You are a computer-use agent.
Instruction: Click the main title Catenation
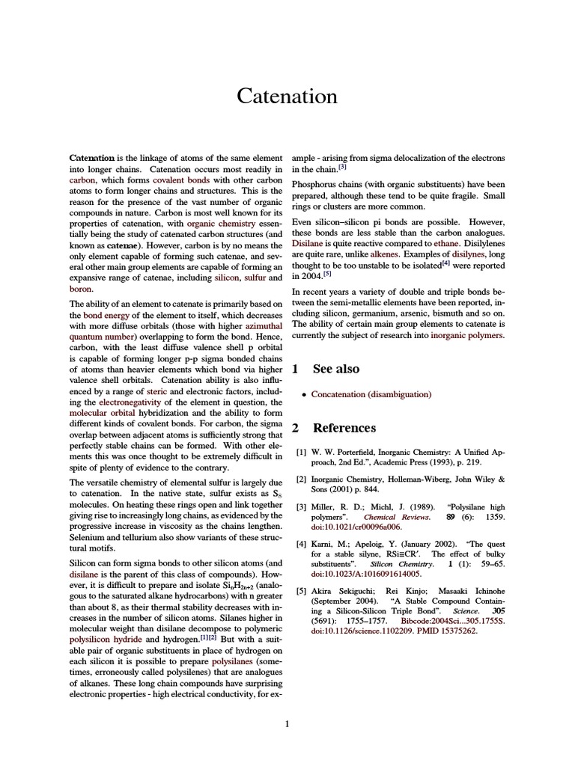click(287, 96)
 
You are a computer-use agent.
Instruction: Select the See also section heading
click(335, 369)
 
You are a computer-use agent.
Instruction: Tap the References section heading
click(344, 428)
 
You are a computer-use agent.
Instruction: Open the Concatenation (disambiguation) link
click(371, 393)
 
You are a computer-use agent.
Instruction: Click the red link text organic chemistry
click(221, 223)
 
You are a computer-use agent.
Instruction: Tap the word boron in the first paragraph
click(80, 288)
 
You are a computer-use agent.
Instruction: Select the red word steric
click(157, 390)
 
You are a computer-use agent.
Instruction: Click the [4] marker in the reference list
click(301, 544)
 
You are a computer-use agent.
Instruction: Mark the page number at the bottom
click(287, 723)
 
